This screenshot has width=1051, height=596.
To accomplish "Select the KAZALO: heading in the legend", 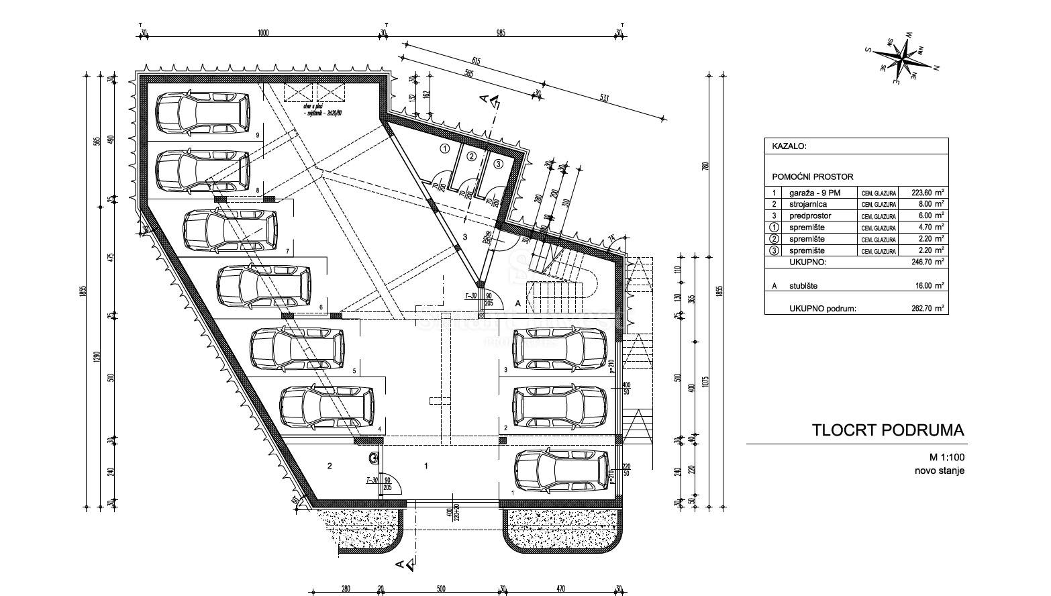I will [789, 146].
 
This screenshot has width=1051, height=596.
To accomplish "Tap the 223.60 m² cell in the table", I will [927, 193].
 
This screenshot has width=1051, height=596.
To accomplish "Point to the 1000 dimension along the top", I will [262, 33].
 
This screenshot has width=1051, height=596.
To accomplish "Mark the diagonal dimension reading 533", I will [603, 99].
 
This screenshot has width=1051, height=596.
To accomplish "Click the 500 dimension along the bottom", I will [440, 589].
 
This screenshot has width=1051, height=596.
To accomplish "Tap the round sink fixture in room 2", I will [372, 458].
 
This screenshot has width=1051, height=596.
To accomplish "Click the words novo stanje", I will [940, 470].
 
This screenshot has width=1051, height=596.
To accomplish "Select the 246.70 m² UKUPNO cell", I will [927, 262].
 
